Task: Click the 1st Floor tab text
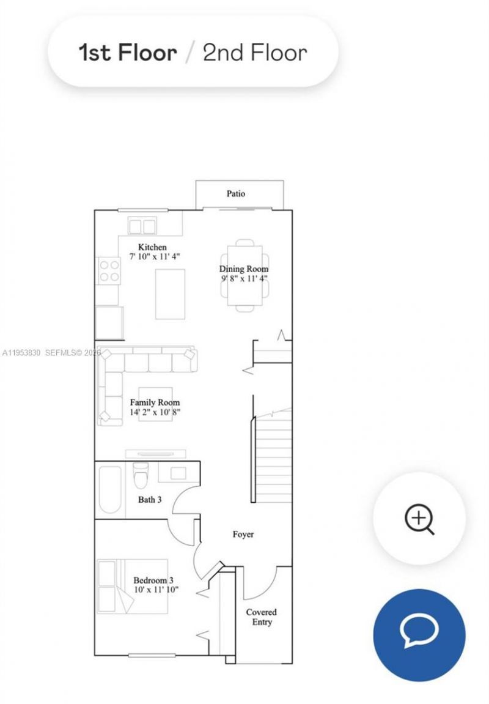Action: (128, 53)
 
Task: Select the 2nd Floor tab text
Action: (254, 53)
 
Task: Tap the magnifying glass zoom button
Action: (419, 520)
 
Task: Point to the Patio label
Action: (236, 194)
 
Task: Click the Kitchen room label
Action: (152, 247)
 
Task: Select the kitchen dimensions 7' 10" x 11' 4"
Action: (155, 257)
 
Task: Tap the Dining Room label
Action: (244, 269)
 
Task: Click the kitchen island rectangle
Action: (170, 294)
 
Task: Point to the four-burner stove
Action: (109, 271)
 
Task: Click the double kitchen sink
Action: (142, 226)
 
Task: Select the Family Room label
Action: (155, 402)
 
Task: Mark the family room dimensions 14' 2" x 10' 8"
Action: (155, 412)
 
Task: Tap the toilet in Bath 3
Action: (141, 473)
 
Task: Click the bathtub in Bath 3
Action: (111, 491)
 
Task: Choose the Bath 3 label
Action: (150, 500)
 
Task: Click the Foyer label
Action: (243, 534)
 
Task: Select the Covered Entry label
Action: (261, 617)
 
